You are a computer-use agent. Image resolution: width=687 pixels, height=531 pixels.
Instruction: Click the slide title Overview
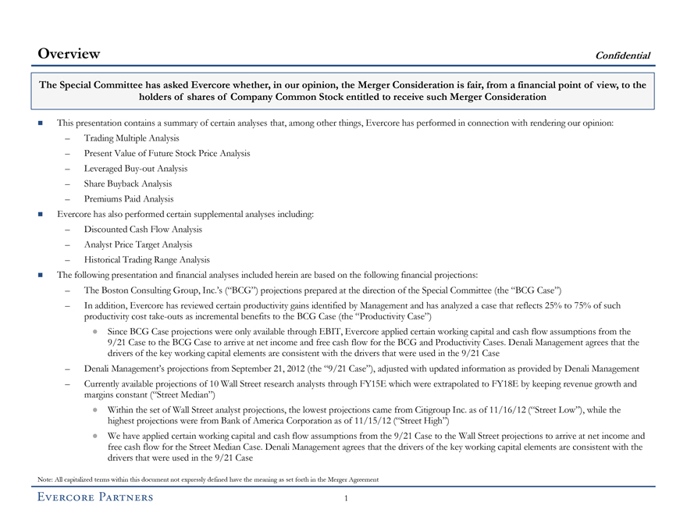[69, 54]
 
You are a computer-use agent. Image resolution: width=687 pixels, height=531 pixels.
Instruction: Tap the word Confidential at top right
[622, 55]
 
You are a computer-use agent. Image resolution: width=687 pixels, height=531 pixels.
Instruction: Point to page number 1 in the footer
[343, 498]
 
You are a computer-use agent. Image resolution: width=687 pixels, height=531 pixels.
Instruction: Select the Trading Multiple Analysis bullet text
[133, 138]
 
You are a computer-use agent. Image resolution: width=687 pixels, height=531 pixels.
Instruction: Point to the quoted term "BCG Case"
[539, 290]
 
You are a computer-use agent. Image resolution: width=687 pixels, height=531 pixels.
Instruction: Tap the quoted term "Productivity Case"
[395, 318]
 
